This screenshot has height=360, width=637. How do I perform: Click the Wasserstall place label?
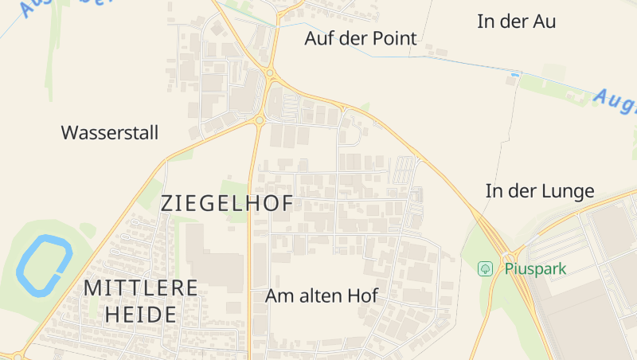110,132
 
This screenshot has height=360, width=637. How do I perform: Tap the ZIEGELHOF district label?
227,203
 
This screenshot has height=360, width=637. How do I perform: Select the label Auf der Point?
361,38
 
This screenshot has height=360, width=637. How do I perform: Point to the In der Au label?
516,22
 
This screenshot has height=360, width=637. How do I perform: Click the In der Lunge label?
540,191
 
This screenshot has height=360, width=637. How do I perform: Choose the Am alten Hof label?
322,296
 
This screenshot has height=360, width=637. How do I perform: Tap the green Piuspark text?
535,268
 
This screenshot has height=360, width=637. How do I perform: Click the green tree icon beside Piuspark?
485,268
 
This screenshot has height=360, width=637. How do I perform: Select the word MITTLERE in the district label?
140,288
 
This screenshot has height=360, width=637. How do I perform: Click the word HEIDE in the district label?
140,315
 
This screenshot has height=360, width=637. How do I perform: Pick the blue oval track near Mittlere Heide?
44,263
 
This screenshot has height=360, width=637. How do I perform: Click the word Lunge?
569,191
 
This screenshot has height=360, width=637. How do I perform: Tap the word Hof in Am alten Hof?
362,296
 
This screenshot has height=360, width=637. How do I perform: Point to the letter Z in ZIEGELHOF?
166,203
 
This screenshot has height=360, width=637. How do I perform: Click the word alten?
322,296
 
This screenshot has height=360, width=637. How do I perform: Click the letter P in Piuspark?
509,268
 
